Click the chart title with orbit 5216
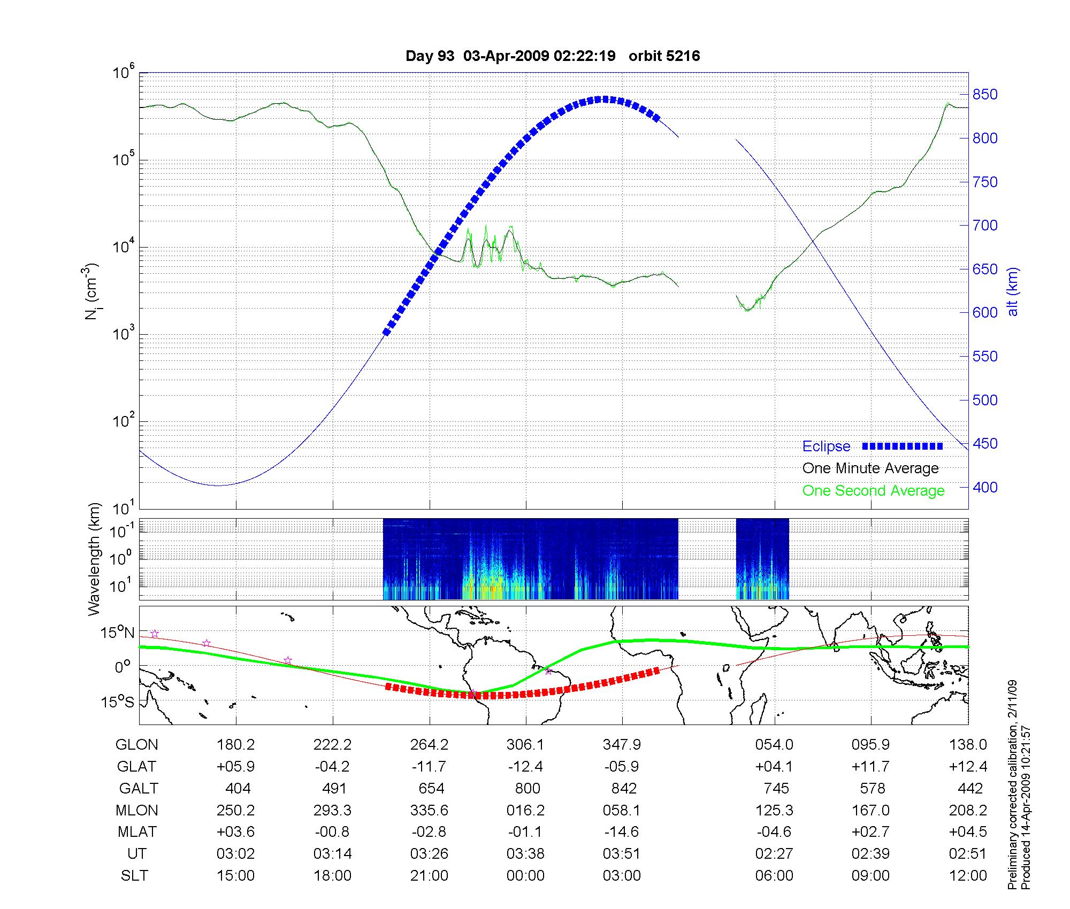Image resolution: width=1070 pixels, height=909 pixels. (553, 56)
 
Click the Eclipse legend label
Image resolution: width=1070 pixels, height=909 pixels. (826, 446)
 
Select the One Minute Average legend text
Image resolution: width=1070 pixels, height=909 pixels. (870, 468)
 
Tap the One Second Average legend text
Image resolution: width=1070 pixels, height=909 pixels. (873, 491)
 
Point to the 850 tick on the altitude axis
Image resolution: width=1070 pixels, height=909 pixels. (985, 95)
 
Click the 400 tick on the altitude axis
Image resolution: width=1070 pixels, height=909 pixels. (985, 487)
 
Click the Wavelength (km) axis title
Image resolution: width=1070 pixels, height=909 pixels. (95, 559)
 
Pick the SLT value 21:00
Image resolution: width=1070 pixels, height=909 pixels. (429, 875)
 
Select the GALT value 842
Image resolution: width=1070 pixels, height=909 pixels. (624, 788)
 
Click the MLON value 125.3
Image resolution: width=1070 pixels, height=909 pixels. (774, 810)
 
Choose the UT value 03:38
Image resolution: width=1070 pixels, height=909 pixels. (525, 853)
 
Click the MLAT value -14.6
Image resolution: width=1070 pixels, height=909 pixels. (623, 832)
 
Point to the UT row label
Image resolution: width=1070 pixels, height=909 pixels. (137, 853)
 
